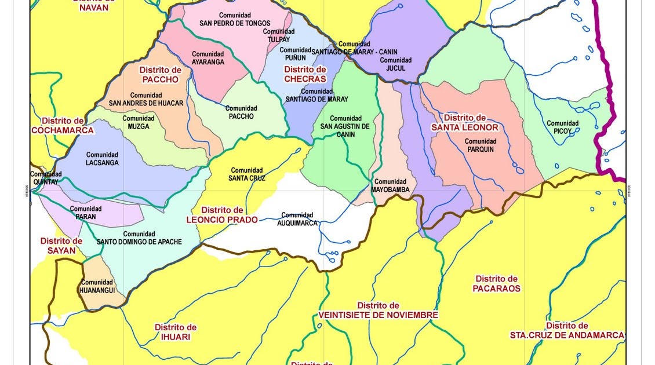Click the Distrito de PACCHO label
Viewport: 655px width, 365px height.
pyautogui.click(x=160, y=75)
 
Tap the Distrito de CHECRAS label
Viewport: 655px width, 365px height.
pyautogui.click(x=305, y=74)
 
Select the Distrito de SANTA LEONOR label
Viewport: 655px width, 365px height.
pyautogui.click(x=464, y=122)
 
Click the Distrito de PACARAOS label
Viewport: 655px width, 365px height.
pyautogui.click(x=496, y=283)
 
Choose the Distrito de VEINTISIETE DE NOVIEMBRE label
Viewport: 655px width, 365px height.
pyautogui.click(x=378, y=310)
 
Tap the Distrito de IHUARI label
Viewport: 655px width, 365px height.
pyautogui.click(x=175, y=332)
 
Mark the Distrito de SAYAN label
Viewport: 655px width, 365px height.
pyautogui.click(x=61, y=246)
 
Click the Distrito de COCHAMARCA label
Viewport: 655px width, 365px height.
pyautogui.click(x=63, y=125)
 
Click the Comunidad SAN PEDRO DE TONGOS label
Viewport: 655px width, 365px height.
pyautogui.click(x=235, y=19)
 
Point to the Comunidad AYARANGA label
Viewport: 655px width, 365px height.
pyautogui.click(x=208, y=58)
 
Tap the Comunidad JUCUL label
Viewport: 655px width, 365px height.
pyautogui.click(x=395, y=64)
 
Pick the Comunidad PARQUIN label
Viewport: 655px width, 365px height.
pyautogui.click(x=480, y=145)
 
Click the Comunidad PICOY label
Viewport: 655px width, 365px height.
pyautogui.click(x=562, y=127)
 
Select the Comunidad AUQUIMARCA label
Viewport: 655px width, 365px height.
pyautogui.click(x=297, y=219)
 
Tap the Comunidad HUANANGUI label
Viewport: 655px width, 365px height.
pyautogui.click(x=97, y=286)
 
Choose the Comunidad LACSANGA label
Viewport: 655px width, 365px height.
pyautogui.click(x=102, y=159)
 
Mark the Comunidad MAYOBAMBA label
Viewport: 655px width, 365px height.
pyautogui.click(x=390, y=185)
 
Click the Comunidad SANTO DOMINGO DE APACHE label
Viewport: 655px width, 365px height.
pyautogui.click(x=139, y=238)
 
